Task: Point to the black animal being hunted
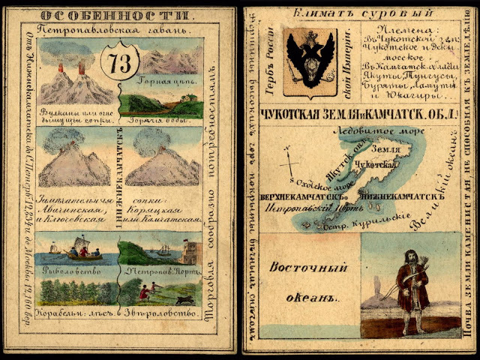181,301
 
